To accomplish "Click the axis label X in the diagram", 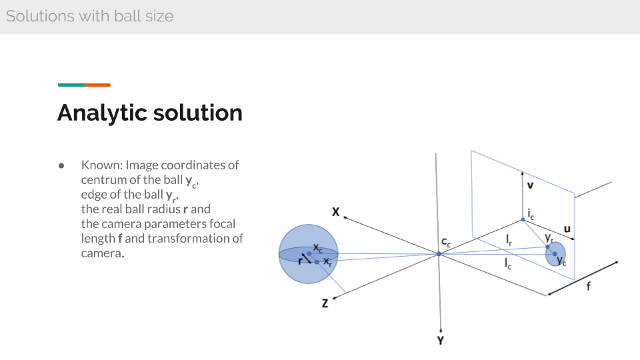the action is click(335, 212).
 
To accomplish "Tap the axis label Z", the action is click(325, 303).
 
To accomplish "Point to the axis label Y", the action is click(441, 341).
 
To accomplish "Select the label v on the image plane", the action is click(530, 185).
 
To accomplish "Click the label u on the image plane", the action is click(567, 229).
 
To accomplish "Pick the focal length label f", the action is click(588, 286).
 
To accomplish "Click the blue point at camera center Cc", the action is click(439, 254).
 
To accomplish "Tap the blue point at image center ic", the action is click(523, 219).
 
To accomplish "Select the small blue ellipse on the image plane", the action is click(555, 254).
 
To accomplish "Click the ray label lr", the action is click(509, 240).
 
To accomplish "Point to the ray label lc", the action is click(508, 264).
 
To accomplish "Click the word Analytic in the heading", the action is click(102, 113).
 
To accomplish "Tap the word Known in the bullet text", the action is click(101, 165).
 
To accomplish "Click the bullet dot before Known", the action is click(61, 166).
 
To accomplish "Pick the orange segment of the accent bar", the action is click(97, 85).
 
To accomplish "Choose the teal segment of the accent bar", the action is click(71, 85).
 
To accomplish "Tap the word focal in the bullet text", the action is click(222, 224).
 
